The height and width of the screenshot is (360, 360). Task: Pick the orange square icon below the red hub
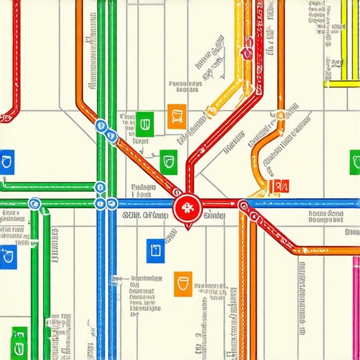(x=183, y=284)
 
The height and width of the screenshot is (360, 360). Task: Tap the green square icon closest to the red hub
(x=168, y=161)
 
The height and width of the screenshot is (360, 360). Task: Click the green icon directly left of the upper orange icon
(x=145, y=122)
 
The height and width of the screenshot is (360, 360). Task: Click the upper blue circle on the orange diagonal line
(x=101, y=127)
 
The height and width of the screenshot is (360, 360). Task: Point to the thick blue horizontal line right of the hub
(x=302, y=205)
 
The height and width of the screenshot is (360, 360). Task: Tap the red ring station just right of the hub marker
(x=244, y=205)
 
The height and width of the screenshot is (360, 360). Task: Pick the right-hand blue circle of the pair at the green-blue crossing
(x=111, y=204)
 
